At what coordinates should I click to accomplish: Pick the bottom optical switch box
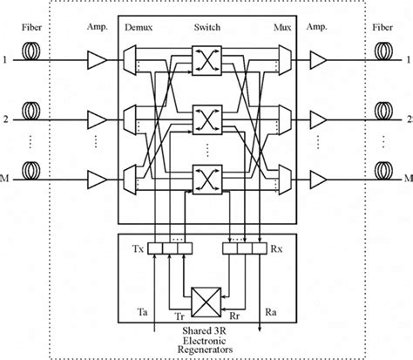pyautogui.click(x=207, y=178)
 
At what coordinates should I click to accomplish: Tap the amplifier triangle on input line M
pyautogui.click(x=96, y=178)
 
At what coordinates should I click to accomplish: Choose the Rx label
pyautogui.click(x=275, y=248)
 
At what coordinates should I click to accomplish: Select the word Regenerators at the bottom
pyautogui.click(x=207, y=350)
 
